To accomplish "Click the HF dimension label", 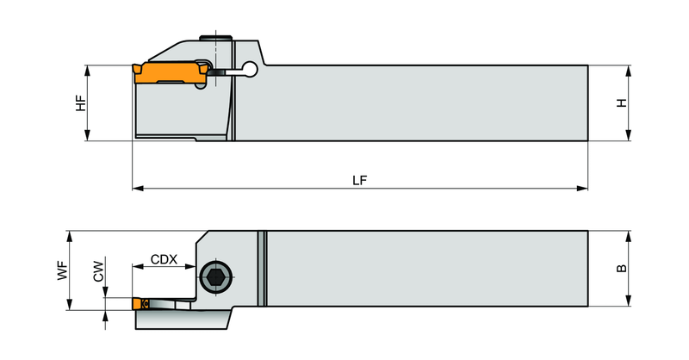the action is tap(81, 102).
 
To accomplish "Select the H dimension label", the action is tap(622, 102).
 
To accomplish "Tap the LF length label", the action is tap(359, 180).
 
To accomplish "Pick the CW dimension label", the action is tap(98, 271).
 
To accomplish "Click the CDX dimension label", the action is tap(164, 259).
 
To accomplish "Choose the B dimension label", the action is tap(622, 268).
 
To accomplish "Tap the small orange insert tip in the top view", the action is tap(140, 304).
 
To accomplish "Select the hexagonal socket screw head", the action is tap(216, 277).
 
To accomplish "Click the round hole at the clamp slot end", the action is tap(251, 68).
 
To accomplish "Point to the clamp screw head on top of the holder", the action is tap(215, 37).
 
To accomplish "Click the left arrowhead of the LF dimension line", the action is tap(138, 188).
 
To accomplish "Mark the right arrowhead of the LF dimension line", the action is tap(582, 188).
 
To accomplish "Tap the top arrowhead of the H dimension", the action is tap(629, 71).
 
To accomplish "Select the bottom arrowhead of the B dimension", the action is tap(629, 301).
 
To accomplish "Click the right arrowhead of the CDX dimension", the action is tap(190, 266).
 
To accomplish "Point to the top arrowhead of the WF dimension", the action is tap(69, 236).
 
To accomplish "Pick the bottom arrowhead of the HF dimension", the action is tap(87, 135).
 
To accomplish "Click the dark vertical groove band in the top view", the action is tap(262, 268).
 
